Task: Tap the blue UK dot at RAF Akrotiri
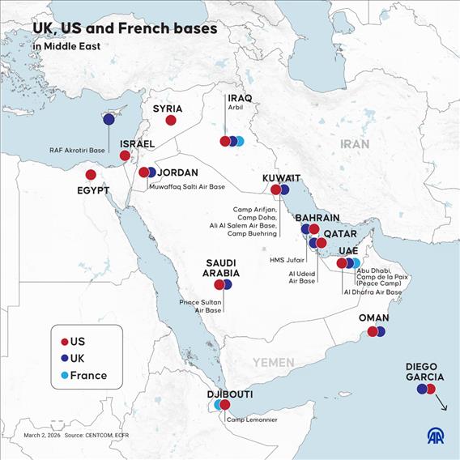pos(109,119)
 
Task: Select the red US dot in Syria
pos(171,120)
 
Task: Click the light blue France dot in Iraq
pos(240,141)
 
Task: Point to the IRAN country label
pos(354,143)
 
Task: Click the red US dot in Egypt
pos(91,174)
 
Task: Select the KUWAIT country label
pos(281,178)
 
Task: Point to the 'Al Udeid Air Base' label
pos(302,278)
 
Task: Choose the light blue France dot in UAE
pos(356,263)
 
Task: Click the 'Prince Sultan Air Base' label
pos(200,306)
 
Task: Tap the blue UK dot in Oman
pos(380,331)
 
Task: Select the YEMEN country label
pos(273,362)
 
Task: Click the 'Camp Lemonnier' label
pos(252,419)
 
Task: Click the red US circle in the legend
pos(64,342)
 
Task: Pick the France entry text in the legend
pos(88,375)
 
